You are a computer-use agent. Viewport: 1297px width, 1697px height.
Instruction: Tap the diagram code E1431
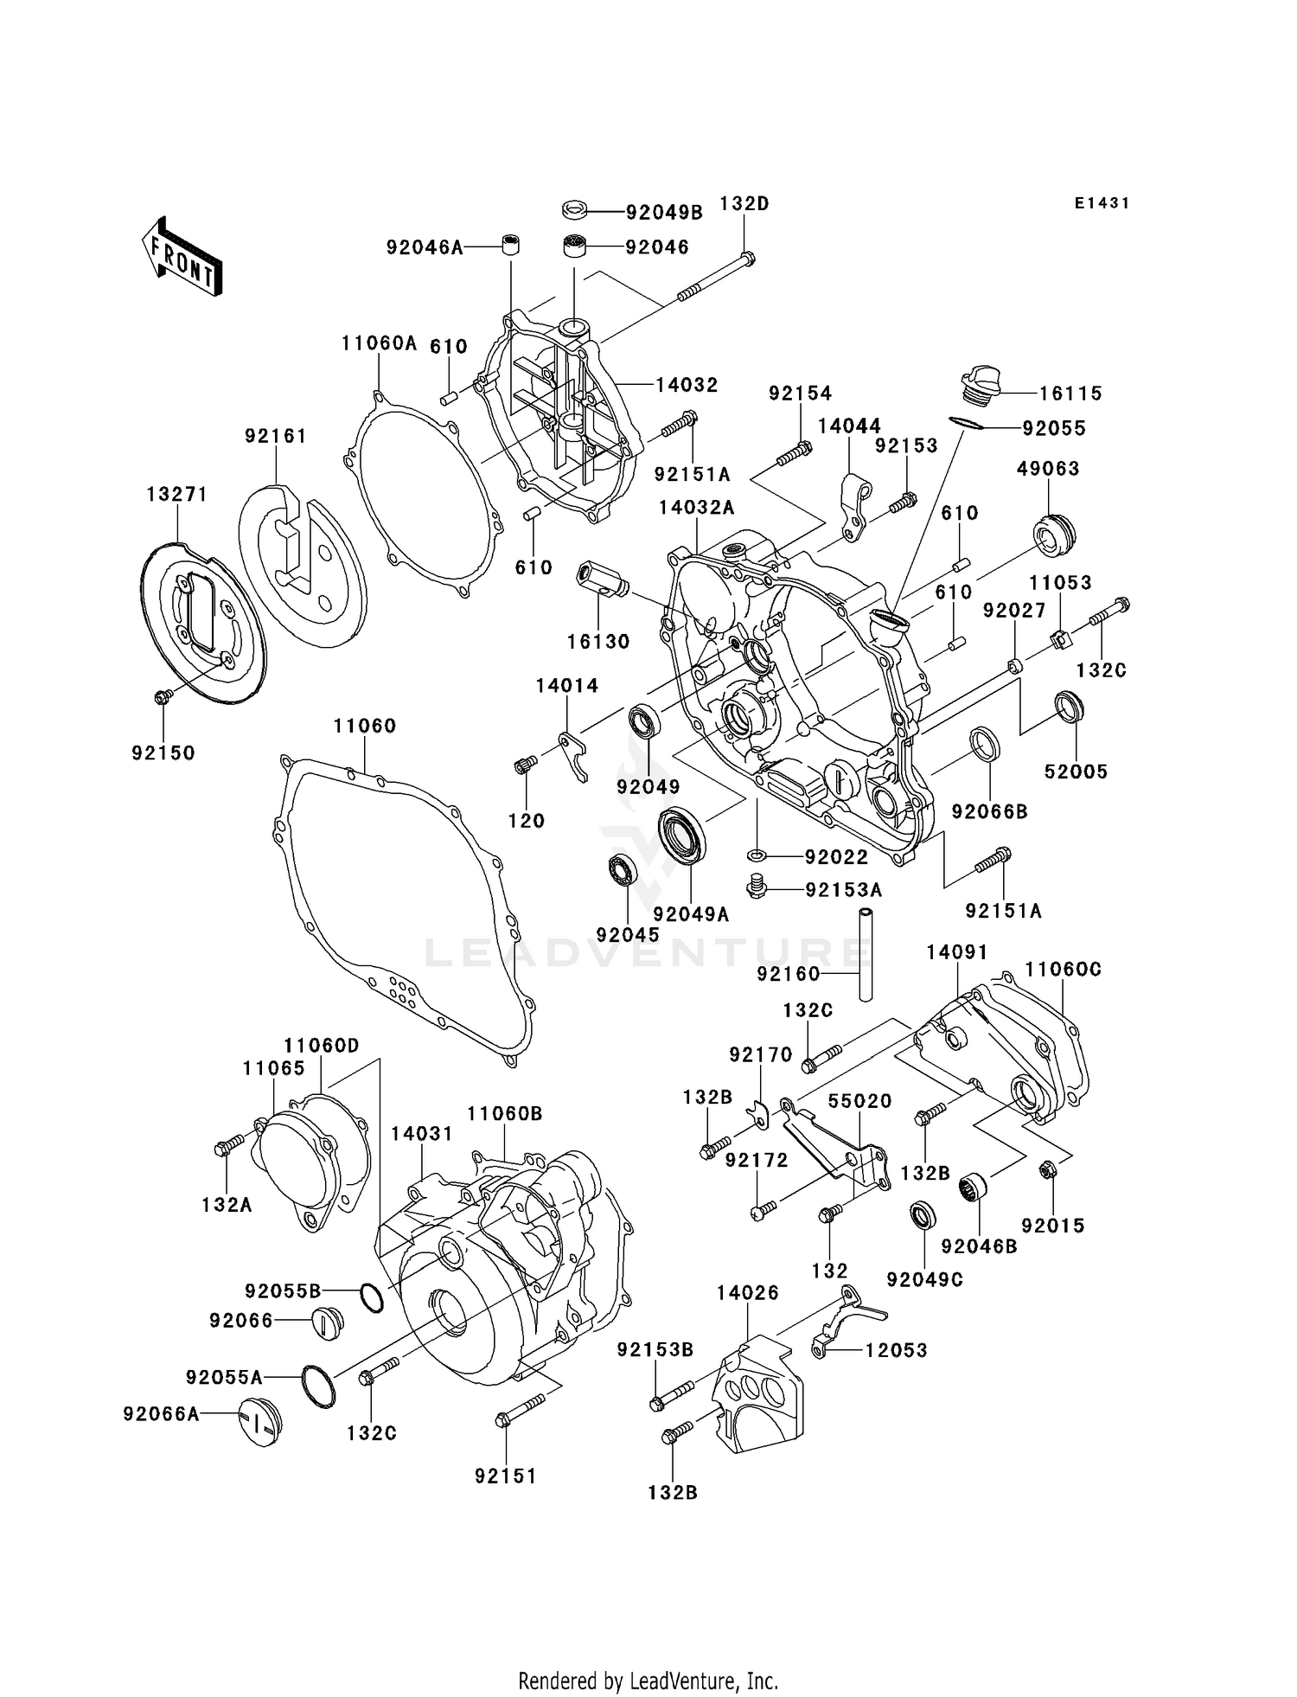point(1102,203)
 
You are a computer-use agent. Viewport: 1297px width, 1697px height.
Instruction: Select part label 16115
point(1070,394)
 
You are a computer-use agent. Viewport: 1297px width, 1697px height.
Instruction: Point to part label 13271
point(176,494)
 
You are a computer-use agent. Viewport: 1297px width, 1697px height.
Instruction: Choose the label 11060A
point(379,343)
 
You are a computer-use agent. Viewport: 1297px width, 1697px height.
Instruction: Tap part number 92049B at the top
point(664,213)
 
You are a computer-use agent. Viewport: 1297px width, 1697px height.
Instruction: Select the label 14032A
point(696,508)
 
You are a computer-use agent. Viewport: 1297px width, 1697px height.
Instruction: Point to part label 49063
point(1048,469)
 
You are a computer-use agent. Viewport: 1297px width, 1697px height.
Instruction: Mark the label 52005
point(1076,772)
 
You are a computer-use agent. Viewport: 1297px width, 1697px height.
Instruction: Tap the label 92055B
point(283,1291)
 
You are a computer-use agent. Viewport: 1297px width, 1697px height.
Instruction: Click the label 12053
point(896,1350)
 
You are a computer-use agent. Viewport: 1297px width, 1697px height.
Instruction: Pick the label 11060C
point(1064,970)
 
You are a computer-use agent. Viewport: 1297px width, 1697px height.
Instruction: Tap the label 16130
point(598,642)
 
